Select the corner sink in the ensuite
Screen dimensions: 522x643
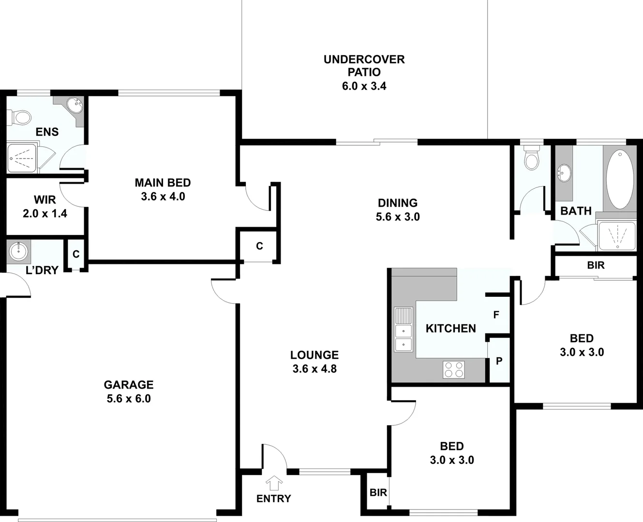[x=74, y=104]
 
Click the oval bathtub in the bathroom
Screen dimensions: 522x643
[x=620, y=179]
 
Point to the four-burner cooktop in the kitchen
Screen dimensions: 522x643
[x=453, y=370]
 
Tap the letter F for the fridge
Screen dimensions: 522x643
[x=496, y=315]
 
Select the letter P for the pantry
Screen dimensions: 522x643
[x=499, y=361]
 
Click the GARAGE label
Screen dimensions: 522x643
[x=129, y=385]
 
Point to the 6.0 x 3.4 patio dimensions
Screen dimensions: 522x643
[x=364, y=87]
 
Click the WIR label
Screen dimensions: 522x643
[x=45, y=200]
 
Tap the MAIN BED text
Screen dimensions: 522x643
[x=163, y=183]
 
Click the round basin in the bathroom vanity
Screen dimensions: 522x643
[x=564, y=172]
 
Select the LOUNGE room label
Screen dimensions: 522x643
[x=314, y=355]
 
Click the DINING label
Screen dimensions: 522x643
[x=397, y=203]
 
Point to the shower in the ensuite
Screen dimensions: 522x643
[x=22, y=158]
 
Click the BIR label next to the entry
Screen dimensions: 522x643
[x=378, y=493]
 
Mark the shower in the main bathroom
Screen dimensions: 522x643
[x=616, y=236]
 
